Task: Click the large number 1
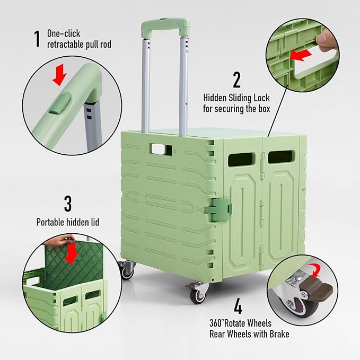point(37,38)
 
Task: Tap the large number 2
point(236,80)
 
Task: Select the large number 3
point(68,203)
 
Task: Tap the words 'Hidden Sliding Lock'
point(236,98)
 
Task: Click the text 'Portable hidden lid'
point(67,222)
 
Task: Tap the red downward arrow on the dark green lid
point(71,253)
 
